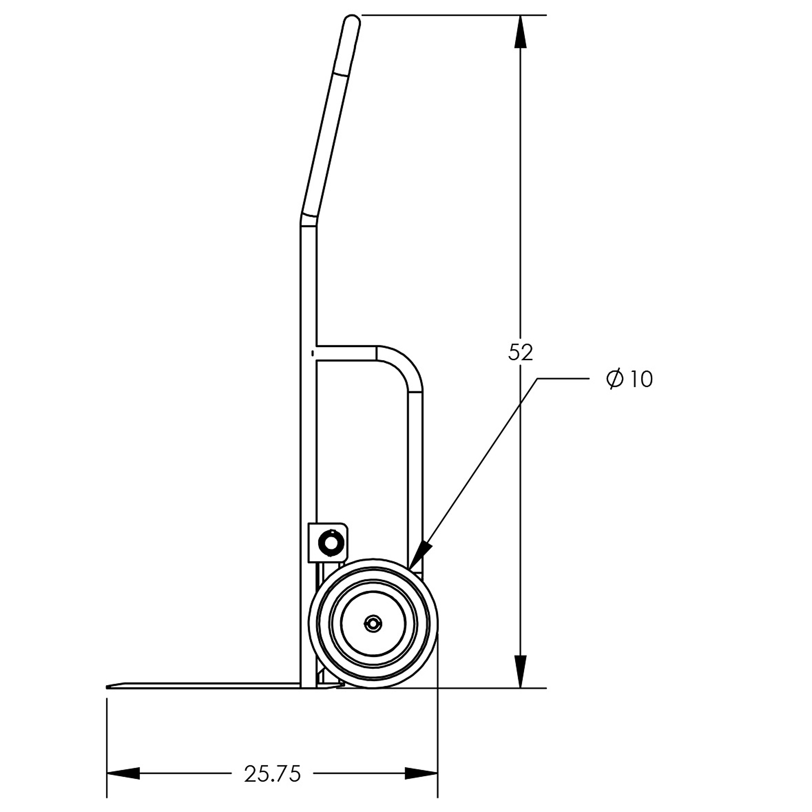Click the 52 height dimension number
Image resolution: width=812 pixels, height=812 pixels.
pos(520,353)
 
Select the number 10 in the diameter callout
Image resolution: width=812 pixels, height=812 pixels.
pos(641,380)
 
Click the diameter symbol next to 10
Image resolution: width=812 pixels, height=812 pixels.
pos(614,379)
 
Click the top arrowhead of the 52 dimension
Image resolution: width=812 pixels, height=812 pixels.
pos(520,31)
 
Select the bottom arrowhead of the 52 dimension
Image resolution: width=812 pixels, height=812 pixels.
pos(520,672)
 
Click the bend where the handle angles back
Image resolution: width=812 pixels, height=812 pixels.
pos(309,219)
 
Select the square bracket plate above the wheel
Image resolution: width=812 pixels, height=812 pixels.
pos(328,542)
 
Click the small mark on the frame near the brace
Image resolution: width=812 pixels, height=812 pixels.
pos(312,353)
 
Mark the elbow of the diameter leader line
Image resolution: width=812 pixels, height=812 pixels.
pos(538,379)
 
